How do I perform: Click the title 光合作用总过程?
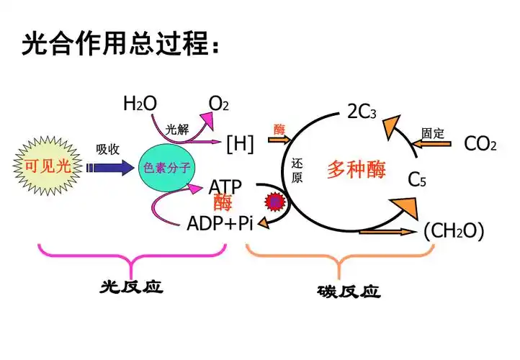pos(120,45)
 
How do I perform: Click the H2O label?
pos(140,104)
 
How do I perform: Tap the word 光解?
pos(176,130)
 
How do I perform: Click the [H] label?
pos(240,144)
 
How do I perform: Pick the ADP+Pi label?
pos(220,222)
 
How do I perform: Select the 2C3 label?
pos(362,112)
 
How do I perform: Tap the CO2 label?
pos(480,144)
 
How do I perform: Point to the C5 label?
pos(417,179)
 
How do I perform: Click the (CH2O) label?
pos(453,231)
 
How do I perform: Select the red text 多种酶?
pos(357,169)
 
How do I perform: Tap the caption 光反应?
pos(131,287)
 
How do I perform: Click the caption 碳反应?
pos(349,292)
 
